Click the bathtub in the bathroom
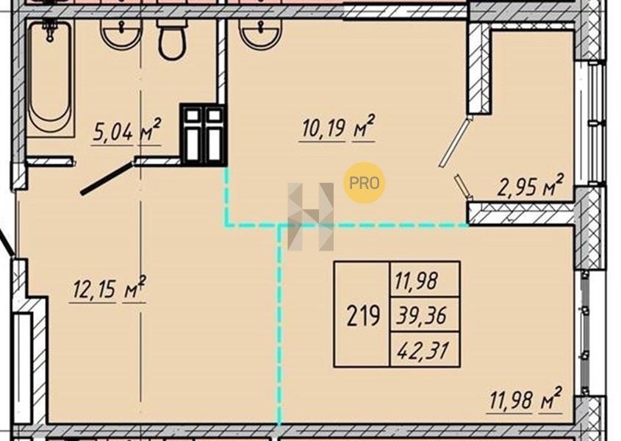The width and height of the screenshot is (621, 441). click(50, 79)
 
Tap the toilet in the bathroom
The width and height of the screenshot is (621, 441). click(172, 39)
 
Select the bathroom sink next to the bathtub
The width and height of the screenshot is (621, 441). click(121, 34)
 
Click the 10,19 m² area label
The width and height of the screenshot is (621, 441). click(337, 127)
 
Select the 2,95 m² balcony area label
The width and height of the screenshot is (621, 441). click(530, 185)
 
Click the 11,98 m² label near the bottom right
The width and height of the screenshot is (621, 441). click(526, 399)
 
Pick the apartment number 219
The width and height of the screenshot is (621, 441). click(363, 316)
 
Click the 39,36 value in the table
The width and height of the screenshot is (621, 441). click(421, 315)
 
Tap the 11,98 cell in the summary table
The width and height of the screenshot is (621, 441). click(416, 281)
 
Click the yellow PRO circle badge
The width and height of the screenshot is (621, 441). click(365, 183)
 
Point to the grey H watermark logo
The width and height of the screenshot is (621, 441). click(311, 217)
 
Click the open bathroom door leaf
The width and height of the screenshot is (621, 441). click(107, 178)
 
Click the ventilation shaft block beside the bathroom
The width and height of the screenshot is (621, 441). click(204, 135)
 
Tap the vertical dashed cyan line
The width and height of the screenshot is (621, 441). click(279, 325)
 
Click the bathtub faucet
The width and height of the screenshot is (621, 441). click(50, 30)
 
